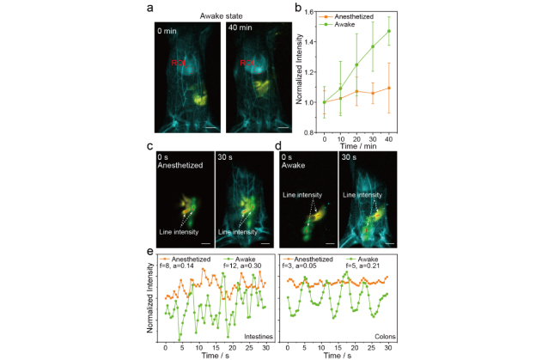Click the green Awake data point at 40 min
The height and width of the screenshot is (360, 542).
click(x=388, y=31)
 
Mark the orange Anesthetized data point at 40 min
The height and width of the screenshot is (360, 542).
click(x=388, y=88)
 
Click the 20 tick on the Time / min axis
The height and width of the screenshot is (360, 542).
click(x=356, y=137)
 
